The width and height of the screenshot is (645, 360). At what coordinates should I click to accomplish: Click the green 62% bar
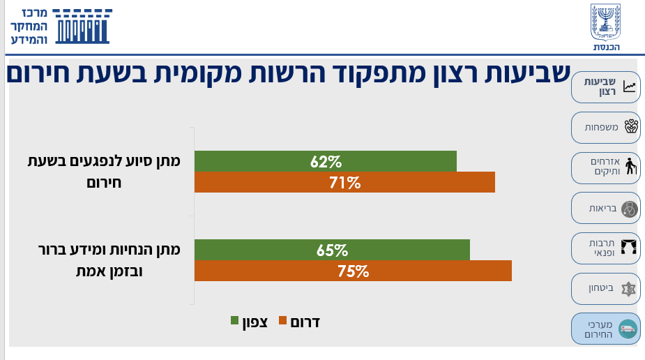[325, 161]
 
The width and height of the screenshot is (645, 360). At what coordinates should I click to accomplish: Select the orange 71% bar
[344, 183]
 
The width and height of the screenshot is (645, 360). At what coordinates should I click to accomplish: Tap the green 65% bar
[332, 250]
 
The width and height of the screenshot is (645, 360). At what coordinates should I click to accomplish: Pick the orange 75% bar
[353, 271]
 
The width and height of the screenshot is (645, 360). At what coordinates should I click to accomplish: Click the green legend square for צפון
[235, 321]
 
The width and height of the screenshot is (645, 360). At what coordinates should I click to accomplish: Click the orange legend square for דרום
[282, 321]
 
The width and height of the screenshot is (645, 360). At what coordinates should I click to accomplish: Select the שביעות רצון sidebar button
[605, 87]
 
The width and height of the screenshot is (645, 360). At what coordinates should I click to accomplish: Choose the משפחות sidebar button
[605, 127]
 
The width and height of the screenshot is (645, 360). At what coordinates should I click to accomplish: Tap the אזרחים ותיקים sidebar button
[605, 167]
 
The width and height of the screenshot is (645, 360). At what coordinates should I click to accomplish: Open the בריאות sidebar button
[605, 208]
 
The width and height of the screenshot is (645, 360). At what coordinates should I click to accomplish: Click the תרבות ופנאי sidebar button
[605, 248]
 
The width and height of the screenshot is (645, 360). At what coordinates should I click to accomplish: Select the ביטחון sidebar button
[605, 288]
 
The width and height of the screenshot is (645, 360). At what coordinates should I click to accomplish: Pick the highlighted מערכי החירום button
[605, 329]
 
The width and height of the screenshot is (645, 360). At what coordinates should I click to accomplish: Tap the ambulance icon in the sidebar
[628, 329]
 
